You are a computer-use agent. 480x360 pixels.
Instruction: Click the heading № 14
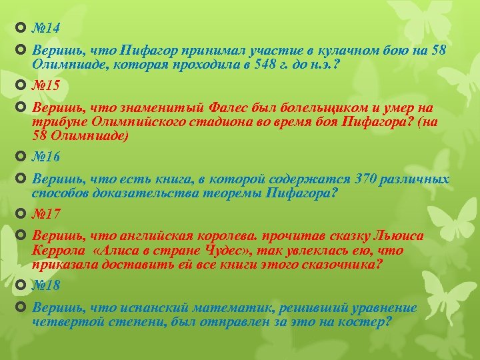[47, 28]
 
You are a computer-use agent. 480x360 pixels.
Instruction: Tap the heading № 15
[47, 85]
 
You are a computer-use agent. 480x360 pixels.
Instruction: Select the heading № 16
[47, 157]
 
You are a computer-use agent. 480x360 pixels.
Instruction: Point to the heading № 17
[47, 215]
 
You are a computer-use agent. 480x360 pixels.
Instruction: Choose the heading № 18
[47, 285]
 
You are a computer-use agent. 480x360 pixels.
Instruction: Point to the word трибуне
[56, 122]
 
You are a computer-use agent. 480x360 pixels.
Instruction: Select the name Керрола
[59, 251]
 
